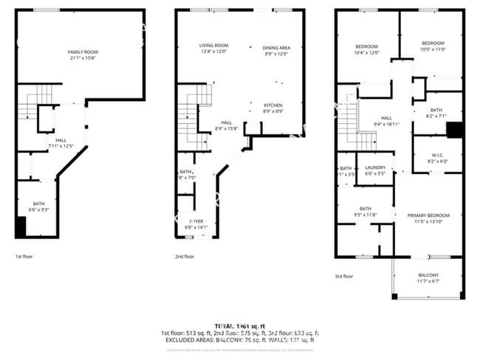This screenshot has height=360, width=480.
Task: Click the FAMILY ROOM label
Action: (83, 52)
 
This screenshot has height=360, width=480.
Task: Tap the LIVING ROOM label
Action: (213, 46)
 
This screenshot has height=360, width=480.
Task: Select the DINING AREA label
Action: (276, 48)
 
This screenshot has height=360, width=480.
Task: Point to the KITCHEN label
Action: (273, 105)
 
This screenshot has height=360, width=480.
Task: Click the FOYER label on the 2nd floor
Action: (196, 221)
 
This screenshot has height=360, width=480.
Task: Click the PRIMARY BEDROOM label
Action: (427, 215)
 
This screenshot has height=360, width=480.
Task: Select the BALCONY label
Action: (428, 275)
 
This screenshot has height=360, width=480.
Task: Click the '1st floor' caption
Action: (24, 257)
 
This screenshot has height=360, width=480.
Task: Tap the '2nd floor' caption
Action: (185, 257)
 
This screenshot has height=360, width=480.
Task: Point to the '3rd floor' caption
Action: (343, 277)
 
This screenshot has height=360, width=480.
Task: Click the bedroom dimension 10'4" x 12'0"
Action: (366, 53)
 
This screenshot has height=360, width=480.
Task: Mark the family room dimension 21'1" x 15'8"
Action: (83, 58)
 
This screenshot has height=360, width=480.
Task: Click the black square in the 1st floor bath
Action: (21, 227)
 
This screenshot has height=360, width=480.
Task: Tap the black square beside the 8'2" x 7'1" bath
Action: (455, 130)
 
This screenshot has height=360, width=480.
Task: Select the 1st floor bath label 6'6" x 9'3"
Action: (38, 210)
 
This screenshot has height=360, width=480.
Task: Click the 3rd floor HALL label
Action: (386, 117)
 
